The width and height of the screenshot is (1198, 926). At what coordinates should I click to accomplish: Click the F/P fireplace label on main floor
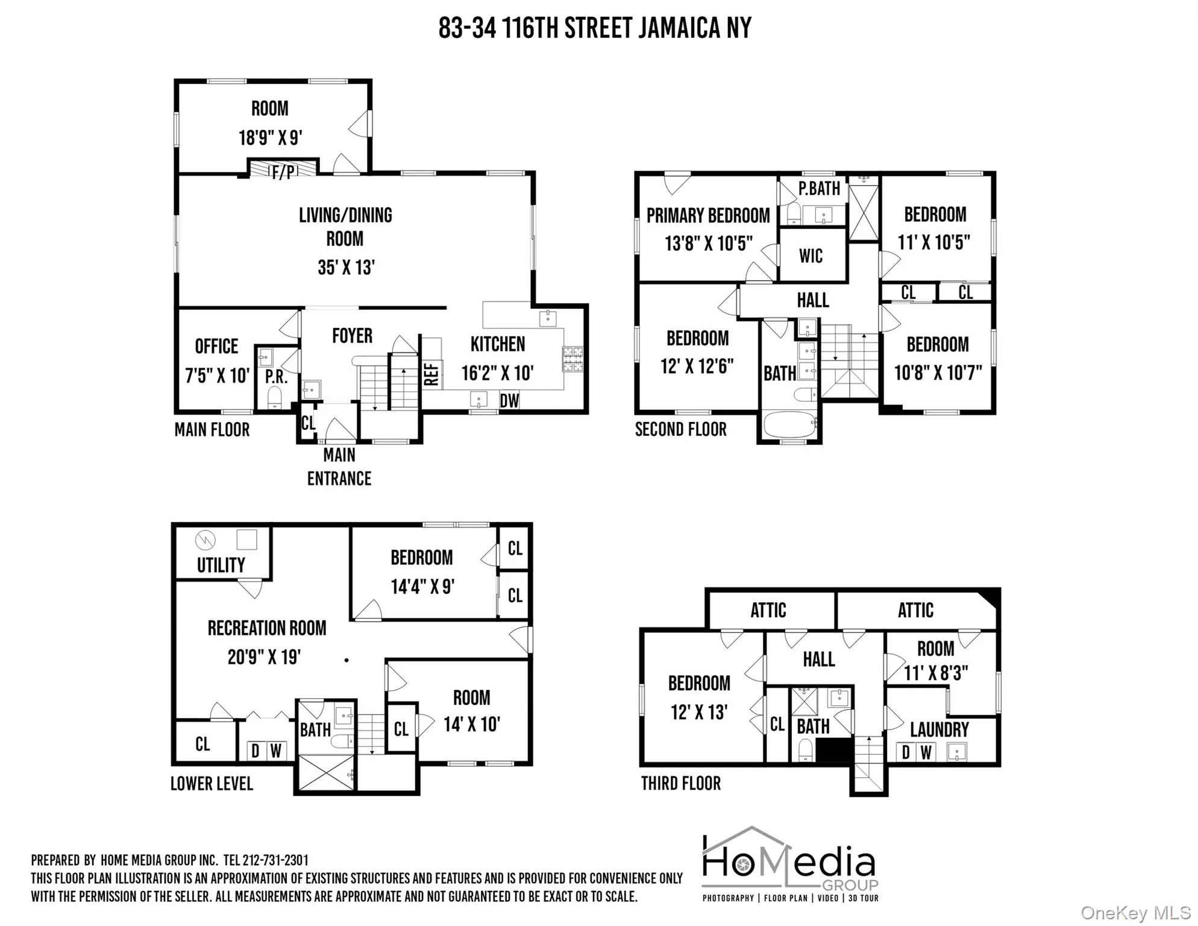point(283,172)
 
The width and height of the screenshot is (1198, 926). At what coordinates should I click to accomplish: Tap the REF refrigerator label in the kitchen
point(431,374)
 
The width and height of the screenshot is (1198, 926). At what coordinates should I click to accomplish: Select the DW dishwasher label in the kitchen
point(509,400)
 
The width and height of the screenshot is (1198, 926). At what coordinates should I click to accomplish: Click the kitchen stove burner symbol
point(572,359)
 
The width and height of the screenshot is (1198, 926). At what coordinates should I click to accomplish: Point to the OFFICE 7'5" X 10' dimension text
point(217,376)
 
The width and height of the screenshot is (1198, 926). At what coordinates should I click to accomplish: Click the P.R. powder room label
point(276,377)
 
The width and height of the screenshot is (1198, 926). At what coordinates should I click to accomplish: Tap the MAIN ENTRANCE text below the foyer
point(339,467)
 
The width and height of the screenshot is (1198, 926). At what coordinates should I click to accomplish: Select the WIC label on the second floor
point(811,256)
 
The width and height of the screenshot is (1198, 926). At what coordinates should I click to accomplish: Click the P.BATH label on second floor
point(819,189)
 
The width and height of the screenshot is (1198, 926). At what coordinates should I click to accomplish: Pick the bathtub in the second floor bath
point(789,424)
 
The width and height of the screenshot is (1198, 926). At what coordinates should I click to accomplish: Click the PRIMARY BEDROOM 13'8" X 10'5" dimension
point(709,244)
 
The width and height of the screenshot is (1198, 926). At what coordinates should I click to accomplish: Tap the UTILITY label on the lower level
point(221,565)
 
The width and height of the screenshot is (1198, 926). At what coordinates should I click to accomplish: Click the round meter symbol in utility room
point(205,540)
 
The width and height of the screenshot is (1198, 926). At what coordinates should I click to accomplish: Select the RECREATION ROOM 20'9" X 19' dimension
point(264,657)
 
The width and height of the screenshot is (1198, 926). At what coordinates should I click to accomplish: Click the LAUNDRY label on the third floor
point(939,729)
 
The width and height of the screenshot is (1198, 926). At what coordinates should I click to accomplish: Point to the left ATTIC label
point(768,610)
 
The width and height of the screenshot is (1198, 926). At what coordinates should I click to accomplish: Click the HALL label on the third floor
point(818,659)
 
